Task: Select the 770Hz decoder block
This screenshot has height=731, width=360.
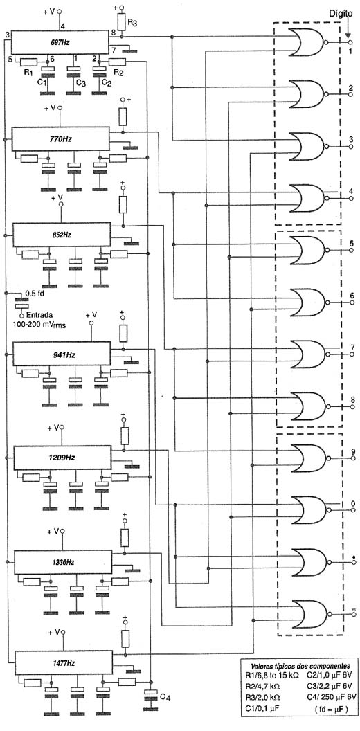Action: click(x=60, y=139)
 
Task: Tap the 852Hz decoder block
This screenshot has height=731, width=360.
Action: click(x=62, y=235)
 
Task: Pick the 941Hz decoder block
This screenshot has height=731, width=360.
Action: click(x=62, y=354)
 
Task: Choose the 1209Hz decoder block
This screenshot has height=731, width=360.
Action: click(x=62, y=458)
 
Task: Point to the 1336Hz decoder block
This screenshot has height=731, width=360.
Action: click(x=63, y=562)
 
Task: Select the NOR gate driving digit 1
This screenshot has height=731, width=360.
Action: click(x=308, y=42)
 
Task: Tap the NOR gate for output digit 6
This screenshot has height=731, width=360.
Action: click(x=309, y=301)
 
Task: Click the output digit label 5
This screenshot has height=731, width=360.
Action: click(x=352, y=244)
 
